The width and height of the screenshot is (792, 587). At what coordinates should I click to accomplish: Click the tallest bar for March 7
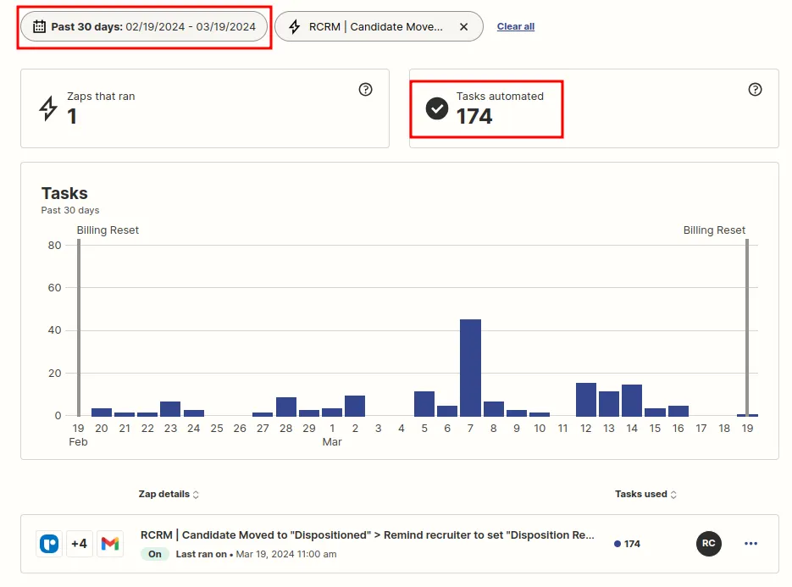(x=470, y=368)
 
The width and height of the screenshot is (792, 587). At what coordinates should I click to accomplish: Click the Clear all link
(x=515, y=26)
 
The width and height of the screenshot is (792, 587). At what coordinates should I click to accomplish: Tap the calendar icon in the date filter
(x=39, y=26)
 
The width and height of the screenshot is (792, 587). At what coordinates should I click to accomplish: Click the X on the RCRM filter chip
(x=463, y=26)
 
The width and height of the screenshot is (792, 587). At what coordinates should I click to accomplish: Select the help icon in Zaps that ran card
(x=365, y=90)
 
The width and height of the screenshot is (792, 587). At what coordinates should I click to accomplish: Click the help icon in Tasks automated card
(x=755, y=90)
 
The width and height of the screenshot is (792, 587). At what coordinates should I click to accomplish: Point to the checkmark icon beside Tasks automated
(x=436, y=108)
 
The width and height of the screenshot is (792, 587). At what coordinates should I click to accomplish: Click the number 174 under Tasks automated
(x=474, y=117)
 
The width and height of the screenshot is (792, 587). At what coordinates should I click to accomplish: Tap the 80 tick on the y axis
(x=54, y=246)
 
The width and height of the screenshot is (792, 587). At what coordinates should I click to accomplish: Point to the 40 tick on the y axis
(x=54, y=330)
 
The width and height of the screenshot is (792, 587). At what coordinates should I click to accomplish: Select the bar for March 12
(x=586, y=400)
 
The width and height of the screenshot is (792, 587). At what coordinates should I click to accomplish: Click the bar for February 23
(x=170, y=409)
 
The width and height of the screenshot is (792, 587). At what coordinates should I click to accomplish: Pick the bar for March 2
(x=355, y=406)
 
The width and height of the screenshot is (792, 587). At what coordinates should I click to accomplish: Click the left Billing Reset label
(x=108, y=230)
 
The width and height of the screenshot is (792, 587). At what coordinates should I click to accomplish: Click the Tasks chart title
(x=64, y=193)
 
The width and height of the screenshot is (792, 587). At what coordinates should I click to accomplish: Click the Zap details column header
(x=169, y=494)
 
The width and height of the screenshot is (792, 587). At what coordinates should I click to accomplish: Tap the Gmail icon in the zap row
(x=109, y=544)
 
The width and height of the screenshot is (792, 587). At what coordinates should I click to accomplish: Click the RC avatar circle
(x=708, y=544)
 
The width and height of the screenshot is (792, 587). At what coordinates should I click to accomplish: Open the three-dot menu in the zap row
(x=750, y=544)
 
